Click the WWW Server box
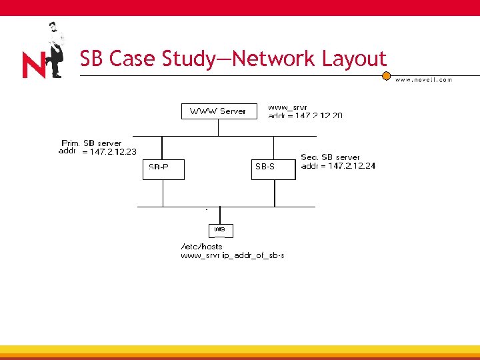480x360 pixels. [x=218, y=111]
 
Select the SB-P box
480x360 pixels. [x=163, y=169]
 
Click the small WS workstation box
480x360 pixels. [x=221, y=230]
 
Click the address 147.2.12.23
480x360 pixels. [x=109, y=152]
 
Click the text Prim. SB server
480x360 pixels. [x=91, y=143]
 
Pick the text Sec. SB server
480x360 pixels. [x=331, y=157]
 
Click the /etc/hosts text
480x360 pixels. [x=202, y=247]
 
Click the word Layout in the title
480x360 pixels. [x=354, y=59]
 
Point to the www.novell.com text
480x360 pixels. [x=423, y=80]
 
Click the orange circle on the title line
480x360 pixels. [x=386, y=75]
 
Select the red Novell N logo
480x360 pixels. [x=34, y=66]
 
